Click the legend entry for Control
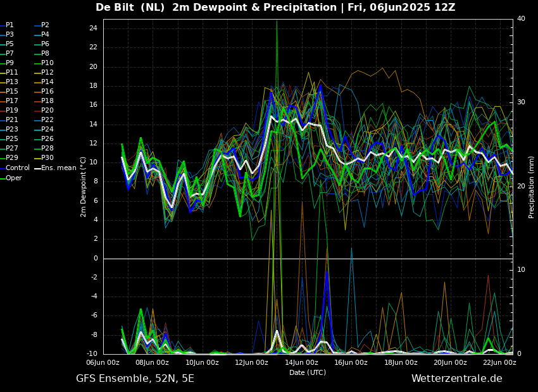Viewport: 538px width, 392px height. pos(15,168)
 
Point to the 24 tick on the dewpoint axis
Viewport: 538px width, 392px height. pos(93,28)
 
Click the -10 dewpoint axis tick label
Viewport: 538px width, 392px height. pos(92,353)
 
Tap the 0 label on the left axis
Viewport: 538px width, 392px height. pos(96,258)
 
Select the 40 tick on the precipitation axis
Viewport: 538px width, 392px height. pos(521,18)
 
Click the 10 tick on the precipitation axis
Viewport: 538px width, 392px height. pos(521,269)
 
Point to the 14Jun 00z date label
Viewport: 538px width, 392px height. pos(301,362)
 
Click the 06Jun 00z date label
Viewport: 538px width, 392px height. pos(103,362)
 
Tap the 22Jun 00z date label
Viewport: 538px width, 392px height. pos(499,362)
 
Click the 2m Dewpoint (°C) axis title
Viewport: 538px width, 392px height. pos(83,187)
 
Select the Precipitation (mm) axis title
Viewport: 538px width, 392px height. pos(532,187)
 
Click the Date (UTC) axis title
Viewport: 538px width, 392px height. pos(308,372)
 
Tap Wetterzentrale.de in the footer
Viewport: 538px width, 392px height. pos(457,379)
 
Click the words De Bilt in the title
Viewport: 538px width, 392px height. pos(115,7)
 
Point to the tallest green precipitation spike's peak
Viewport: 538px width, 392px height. pos(277,21)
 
